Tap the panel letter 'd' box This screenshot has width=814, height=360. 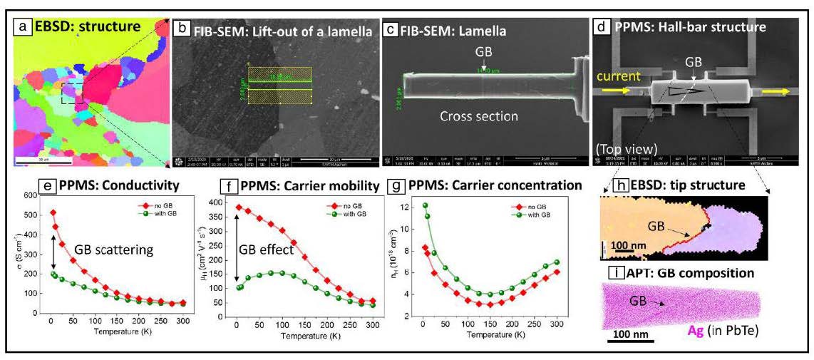[602, 28]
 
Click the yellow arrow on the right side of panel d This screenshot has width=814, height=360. [775, 91]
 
